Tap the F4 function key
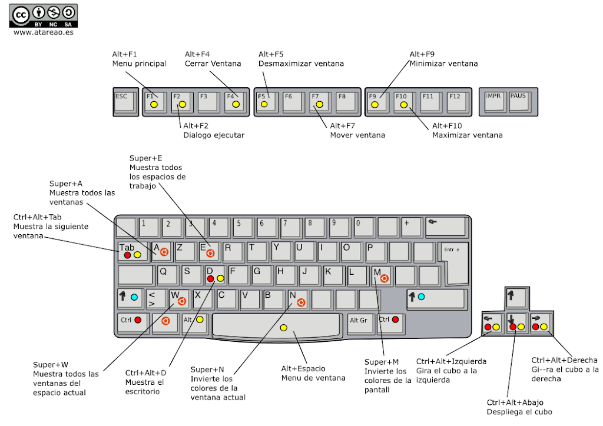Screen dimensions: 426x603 click(234, 101)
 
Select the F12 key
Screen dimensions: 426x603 click(458, 101)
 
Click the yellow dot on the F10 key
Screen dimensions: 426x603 click(404, 105)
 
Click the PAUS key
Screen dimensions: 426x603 click(519, 101)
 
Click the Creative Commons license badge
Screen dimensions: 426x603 click(43, 16)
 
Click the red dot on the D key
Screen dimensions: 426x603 click(210, 278)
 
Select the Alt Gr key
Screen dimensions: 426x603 click(359, 323)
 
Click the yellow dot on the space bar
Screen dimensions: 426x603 click(284, 328)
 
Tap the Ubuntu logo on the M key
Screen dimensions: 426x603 click(384, 278)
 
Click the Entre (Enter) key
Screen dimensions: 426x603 click(456, 261)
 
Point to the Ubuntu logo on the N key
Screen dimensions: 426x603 click(301, 302)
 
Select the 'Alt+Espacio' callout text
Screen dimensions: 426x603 click(303, 368)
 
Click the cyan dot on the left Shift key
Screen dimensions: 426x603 click(134, 297)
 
